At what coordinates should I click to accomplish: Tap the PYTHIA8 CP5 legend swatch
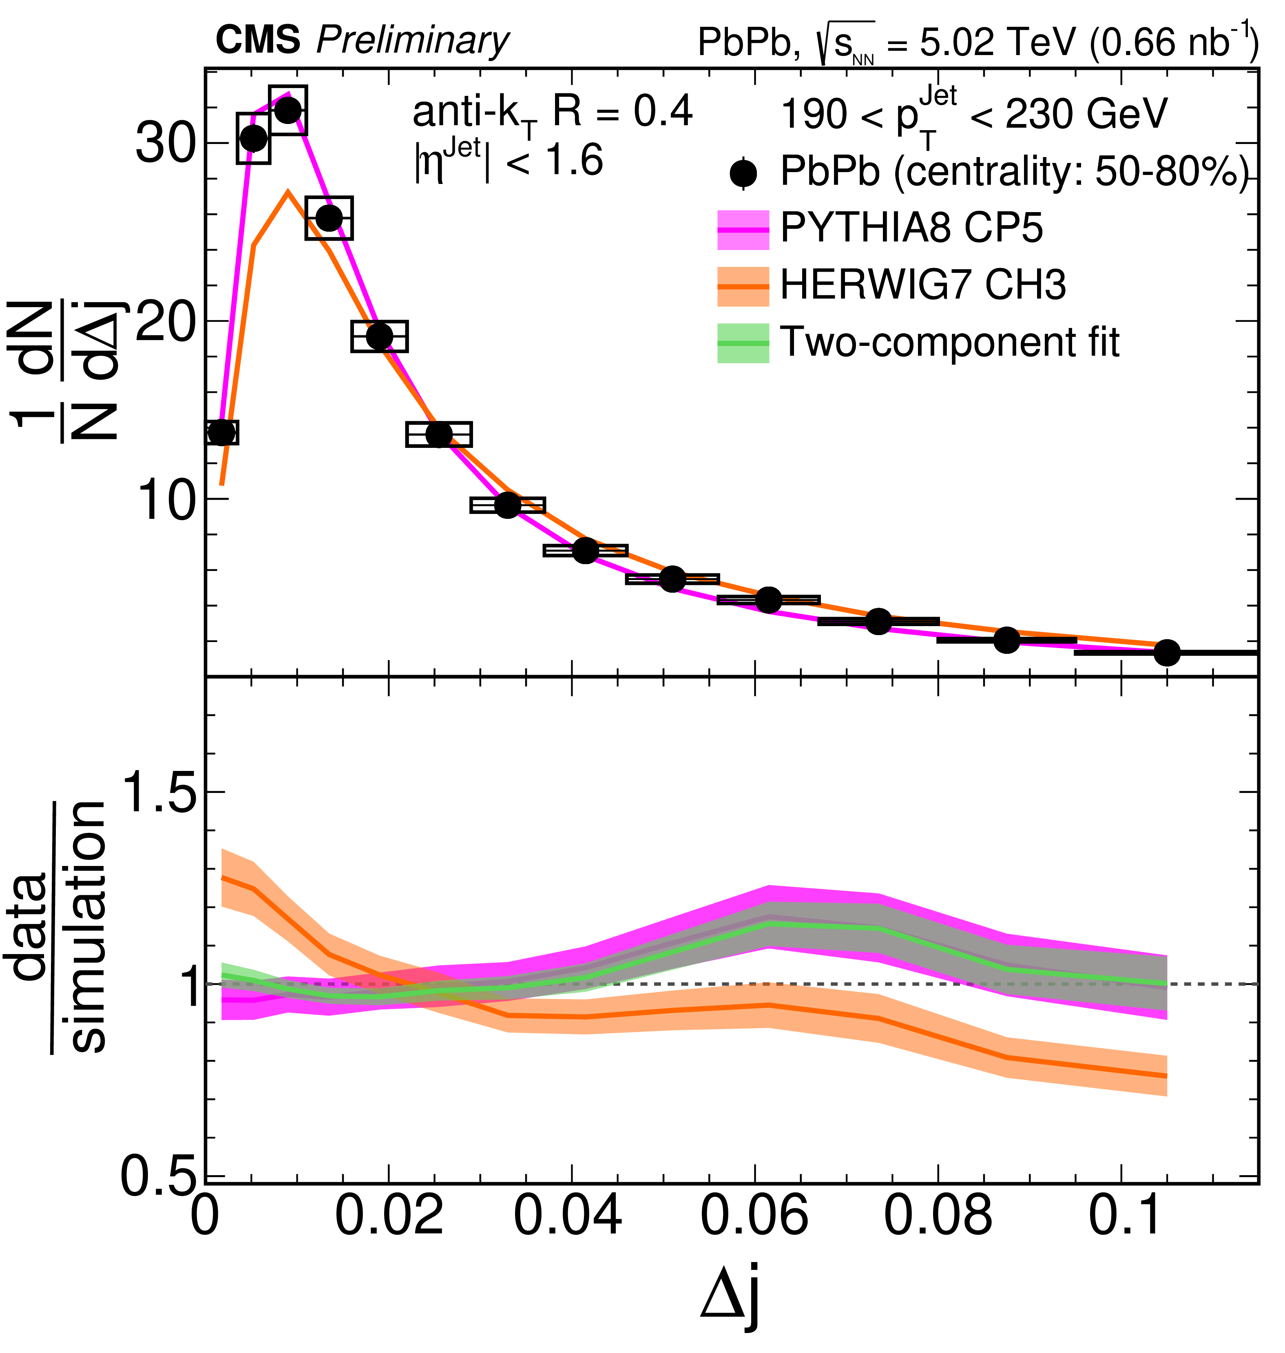pos(743,230)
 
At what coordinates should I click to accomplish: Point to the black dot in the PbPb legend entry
pos(743,173)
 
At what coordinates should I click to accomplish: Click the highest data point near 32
pos(288,110)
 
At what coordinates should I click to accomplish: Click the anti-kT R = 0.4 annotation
pos(552,113)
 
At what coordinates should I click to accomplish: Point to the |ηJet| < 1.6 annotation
pos(508,162)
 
